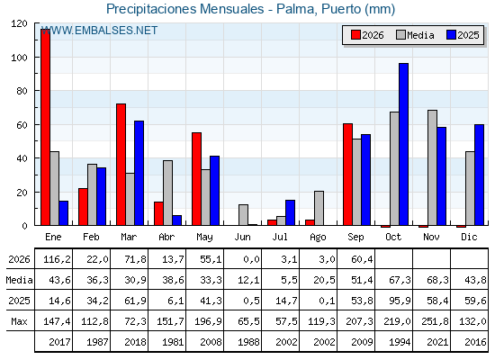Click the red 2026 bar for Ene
coord(45,127)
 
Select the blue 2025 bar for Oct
coord(403,144)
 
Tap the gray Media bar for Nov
coord(432,167)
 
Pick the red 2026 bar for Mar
coord(121,165)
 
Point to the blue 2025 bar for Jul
coord(290,212)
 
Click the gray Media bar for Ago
coord(319,208)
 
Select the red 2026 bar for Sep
coord(347,175)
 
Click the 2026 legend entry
coord(367,35)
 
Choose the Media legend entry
coord(415,35)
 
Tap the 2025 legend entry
coord(463,35)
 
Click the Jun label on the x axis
coord(242,238)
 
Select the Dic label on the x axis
coord(469,238)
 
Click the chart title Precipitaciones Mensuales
coord(184,9)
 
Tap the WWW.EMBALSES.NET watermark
coord(99,31)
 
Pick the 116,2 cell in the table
coord(57,259)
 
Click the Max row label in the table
coord(19,321)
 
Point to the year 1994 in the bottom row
coord(400,342)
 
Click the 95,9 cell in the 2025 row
coord(400,301)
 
